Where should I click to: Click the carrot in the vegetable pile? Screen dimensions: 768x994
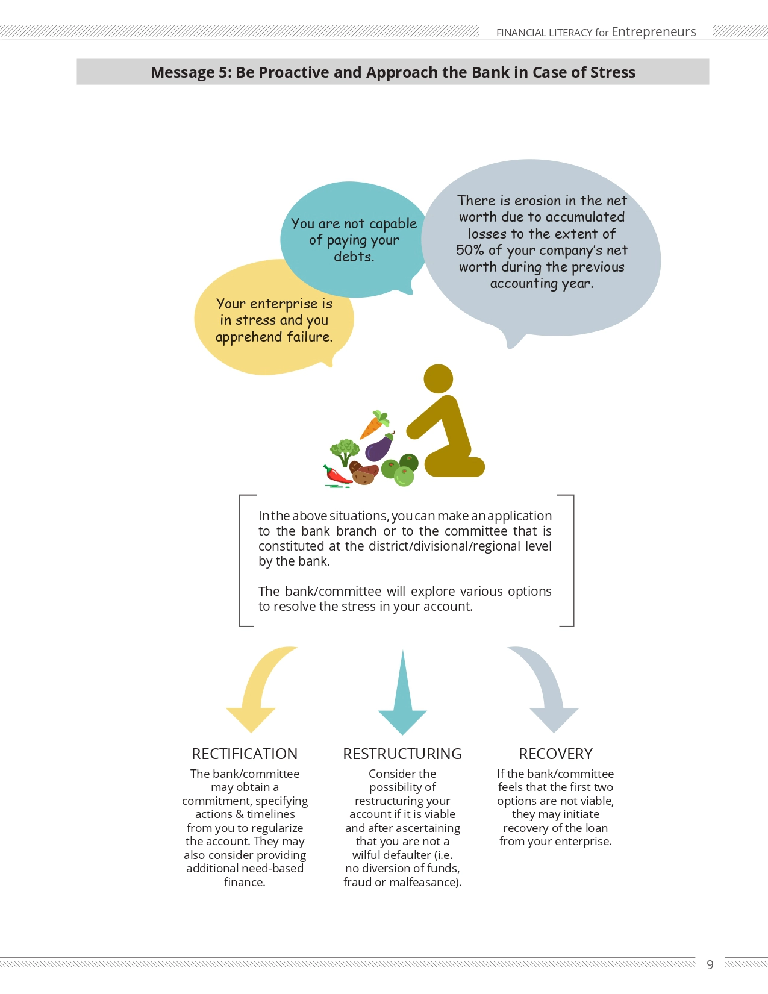click(x=373, y=425)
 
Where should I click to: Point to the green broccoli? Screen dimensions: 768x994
click(x=345, y=452)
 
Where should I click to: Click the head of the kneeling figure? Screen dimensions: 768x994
click(x=438, y=379)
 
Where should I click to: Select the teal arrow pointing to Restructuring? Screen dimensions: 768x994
click(x=402, y=692)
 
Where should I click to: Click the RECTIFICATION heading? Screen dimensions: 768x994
click(x=245, y=754)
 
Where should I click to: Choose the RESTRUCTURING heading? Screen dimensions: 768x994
click(x=402, y=754)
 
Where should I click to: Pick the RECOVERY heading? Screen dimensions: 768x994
click(x=555, y=754)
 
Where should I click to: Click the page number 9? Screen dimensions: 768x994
click(x=710, y=964)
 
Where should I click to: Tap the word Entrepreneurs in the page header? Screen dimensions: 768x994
click(x=654, y=31)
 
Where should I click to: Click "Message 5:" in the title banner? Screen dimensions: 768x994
click(x=192, y=72)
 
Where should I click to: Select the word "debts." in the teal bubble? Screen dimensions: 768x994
click(x=354, y=257)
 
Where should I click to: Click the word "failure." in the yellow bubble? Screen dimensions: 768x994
click(x=310, y=337)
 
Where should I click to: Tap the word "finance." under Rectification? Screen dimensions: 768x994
click(x=245, y=882)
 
